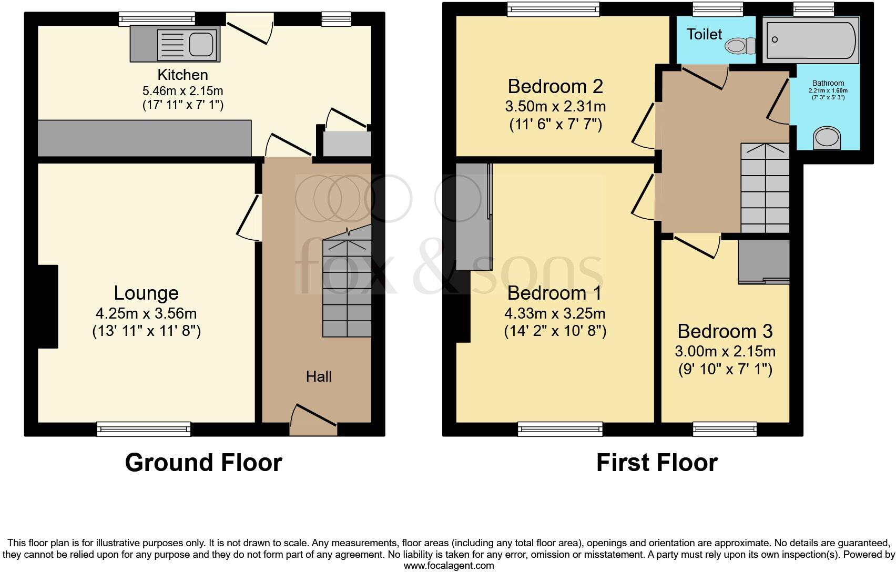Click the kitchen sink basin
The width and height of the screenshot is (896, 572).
[201, 44]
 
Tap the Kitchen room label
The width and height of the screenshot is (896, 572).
[183, 75]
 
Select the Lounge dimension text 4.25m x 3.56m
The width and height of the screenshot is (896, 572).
[146, 313]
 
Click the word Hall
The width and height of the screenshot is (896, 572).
[319, 376]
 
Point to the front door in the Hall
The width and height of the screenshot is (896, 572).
[313, 420]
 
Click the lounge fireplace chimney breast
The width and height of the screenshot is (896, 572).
[48, 307]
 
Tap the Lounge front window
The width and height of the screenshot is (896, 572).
[144, 429]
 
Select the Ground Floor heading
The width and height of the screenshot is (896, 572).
[203, 463]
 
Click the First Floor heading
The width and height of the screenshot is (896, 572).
[657, 463]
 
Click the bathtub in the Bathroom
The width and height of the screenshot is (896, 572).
[810, 39]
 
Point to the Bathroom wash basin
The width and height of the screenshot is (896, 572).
[827, 138]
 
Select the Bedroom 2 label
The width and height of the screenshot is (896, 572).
[555, 86]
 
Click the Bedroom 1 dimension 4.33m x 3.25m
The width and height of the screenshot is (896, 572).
[555, 313]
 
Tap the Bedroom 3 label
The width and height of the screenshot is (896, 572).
[725, 331]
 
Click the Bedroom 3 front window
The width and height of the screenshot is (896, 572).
[725, 429]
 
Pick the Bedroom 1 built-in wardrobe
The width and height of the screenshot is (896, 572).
[474, 217]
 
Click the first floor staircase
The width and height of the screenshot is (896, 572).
[765, 188]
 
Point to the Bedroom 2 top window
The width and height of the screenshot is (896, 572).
[554, 9]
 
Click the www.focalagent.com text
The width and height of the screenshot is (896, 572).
[449, 566]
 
